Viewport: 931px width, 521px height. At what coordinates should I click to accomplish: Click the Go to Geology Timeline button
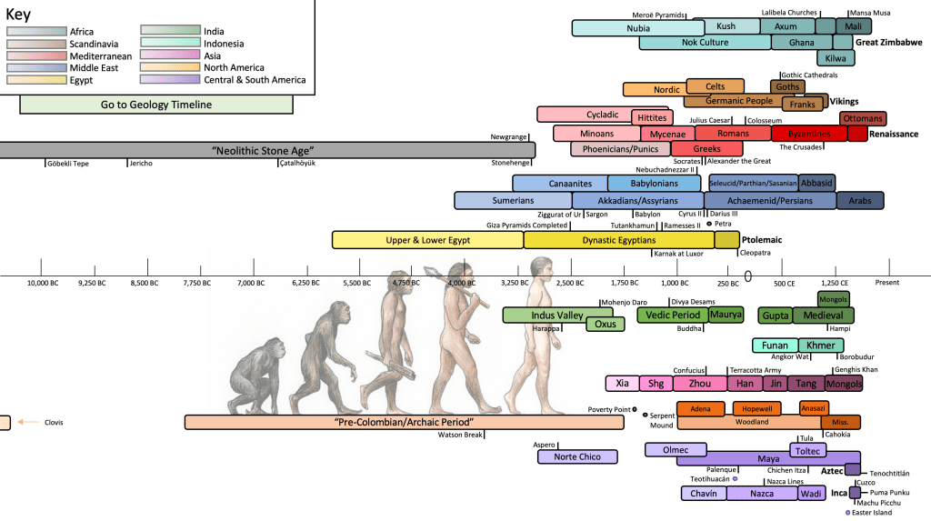tap(156, 105)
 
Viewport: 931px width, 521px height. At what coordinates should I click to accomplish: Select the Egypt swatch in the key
tap(36, 80)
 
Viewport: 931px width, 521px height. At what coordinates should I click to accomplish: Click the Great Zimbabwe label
tap(889, 42)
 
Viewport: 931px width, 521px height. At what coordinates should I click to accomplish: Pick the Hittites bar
tap(652, 118)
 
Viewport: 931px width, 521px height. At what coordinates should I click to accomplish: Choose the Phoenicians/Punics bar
tap(620, 149)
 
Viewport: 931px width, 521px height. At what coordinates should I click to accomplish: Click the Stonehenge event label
tap(510, 164)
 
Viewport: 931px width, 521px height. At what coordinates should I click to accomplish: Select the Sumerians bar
tap(513, 200)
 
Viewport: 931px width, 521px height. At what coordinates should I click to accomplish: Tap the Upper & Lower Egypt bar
tap(427, 240)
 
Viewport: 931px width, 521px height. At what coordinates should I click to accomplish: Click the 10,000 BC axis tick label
tap(42, 283)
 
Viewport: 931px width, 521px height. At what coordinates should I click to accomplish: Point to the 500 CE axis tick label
tap(785, 283)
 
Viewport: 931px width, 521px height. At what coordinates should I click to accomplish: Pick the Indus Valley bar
tap(543, 316)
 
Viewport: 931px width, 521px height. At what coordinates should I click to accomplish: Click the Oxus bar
tap(605, 325)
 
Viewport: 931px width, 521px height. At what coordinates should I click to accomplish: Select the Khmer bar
tap(821, 346)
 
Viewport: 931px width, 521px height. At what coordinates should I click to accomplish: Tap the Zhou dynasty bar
tap(699, 384)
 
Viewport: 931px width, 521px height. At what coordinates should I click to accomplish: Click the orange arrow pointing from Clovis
tap(28, 422)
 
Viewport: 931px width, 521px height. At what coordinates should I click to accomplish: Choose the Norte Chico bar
tap(577, 456)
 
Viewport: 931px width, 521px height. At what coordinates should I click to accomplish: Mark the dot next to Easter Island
tap(847, 513)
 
